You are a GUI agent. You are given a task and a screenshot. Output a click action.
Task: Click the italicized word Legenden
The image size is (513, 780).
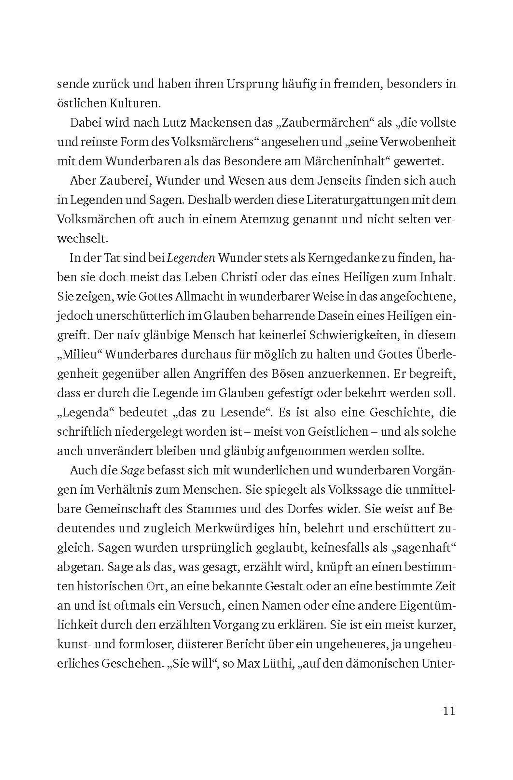[191, 258]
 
